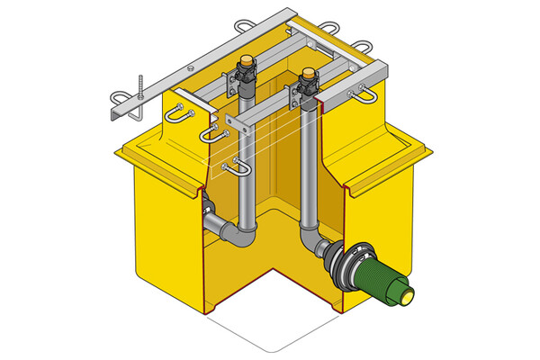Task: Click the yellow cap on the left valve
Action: click(245, 60)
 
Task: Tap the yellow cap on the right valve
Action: click(309, 72)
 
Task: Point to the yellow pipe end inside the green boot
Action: click(409, 293)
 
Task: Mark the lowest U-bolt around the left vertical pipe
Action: click(240, 168)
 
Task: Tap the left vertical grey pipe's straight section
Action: click(245, 171)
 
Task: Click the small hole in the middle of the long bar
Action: click(190, 66)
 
